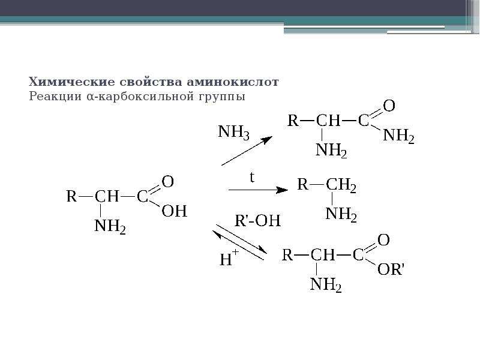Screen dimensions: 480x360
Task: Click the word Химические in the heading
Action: [x=72, y=82]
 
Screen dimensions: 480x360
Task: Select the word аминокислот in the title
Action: [x=232, y=82]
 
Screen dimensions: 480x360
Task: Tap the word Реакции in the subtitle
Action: [x=55, y=97]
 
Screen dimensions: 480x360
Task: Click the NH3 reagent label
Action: [x=233, y=132]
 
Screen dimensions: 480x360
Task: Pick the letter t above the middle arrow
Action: [x=252, y=177]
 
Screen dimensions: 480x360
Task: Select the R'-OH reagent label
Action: [x=257, y=220]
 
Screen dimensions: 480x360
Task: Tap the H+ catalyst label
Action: [x=229, y=257]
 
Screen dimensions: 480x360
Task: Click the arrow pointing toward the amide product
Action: [x=247, y=151]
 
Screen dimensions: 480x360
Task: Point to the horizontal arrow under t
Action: [x=258, y=190]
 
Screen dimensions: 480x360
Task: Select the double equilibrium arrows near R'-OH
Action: [x=240, y=242]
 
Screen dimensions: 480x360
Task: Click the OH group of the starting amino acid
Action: [x=174, y=211]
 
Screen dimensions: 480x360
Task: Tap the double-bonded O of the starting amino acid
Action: [x=168, y=182]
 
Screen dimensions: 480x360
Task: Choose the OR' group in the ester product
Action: [x=391, y=269]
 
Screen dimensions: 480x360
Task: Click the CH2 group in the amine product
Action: [x=341, y=185]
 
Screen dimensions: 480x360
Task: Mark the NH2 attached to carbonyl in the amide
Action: [x=398, y=136]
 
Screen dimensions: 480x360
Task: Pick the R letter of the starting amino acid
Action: [x=71, y=196]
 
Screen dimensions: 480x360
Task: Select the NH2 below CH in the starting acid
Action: [x=110, y=227]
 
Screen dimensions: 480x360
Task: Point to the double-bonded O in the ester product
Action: [x=383, y=239]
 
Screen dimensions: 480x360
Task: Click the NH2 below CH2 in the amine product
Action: [x=341, y=214]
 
